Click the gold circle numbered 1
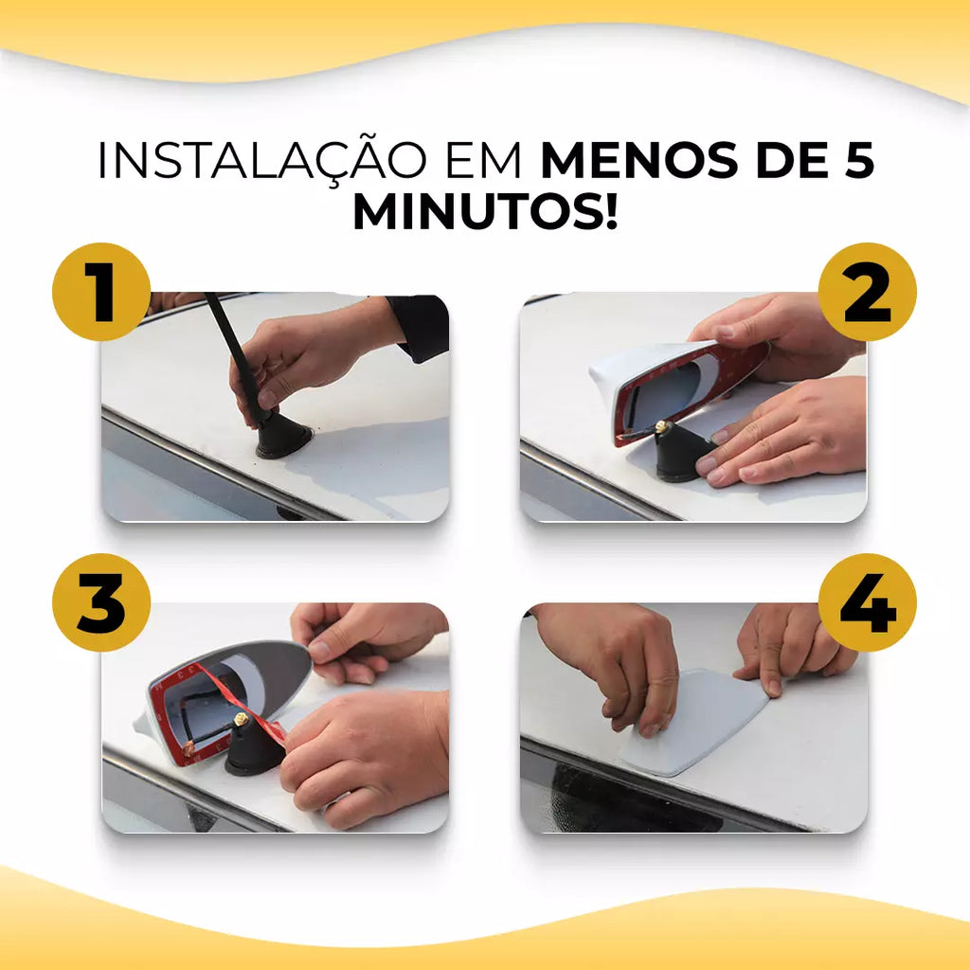tap(101, 292)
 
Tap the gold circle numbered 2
tap(868, 292)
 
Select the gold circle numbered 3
tap(101, 602)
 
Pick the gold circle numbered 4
tap(868, 602)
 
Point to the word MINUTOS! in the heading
tap(486, 211)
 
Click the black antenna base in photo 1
tap(284, 436)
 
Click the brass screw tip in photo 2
tap(662, 426)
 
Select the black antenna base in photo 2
tap(684, 455)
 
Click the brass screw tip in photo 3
tap(241, 719)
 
